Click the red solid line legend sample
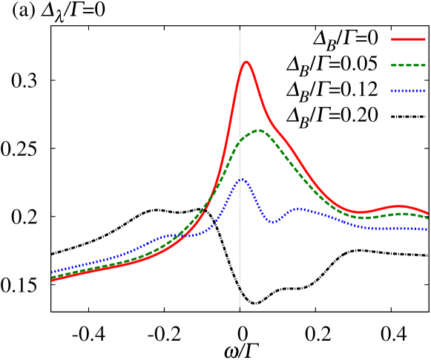pyautogui.click(x=408, y=39)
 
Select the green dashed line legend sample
pyautogui.click(x=408, y=65)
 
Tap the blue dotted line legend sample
pyautogui.click(x=408, y=91)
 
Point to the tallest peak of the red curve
pyautogui.click(x=246, y=62)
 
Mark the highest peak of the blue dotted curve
pyautogui.click(x=242, y=179)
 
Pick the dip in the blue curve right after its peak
pyautogui.click(x=273, y=221)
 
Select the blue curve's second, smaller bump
pyautogui.click(x=298, y=209)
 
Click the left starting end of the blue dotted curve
pyautogui.click(x=53, y=272)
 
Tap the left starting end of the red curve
pyautogui.click(x=53, y=280)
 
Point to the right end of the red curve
pyautogui.click(x=427, y=213)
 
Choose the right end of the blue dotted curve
pyautogui.click(x=427, y=229)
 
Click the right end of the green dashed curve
pyautogui.click(x=427, y=218)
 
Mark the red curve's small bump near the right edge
pyautogui.click(x=398, y=206)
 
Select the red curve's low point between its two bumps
pyautogui.click(x=361, y=212)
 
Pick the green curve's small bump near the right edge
pyautogui.click(x=401, y=214)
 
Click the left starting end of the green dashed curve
pyautogui.click(x=53, y=277)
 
